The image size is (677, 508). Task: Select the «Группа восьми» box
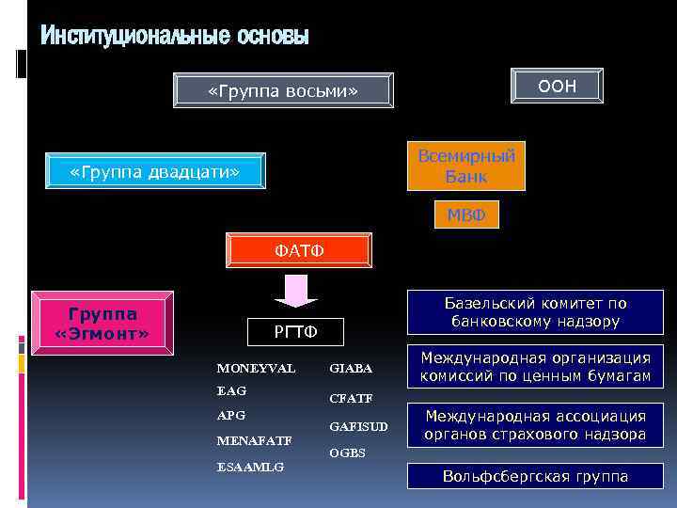click(x=283, y=90)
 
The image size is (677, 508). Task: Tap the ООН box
click(x=557, y=86)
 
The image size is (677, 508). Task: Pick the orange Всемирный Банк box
click(x=466, y=166)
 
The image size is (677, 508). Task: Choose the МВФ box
click(x=466, y=215)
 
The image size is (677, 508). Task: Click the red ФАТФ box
click(x=300, y=250)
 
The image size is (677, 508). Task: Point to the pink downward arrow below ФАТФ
click(x=297, y=291)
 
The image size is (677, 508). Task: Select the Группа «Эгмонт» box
click(x=102, y=323)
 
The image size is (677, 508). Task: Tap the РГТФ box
click(x=296, y=331)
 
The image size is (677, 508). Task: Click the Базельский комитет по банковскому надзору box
click(x=536, y=312)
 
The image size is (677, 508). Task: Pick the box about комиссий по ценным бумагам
click(x=536, y=367)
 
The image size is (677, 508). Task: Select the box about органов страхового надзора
click(x=536, y=424)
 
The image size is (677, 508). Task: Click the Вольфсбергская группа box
click(x=536, y=476)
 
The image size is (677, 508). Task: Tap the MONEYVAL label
click(x=256, y=367)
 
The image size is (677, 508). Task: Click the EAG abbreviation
click(x=231, y=390)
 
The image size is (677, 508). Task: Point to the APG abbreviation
click(x=231, y=415)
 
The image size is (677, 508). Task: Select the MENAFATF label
click(x=254, y=440)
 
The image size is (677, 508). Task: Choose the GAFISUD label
click(x=358, y=426)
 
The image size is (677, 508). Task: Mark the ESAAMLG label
click(x=250, y=466)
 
